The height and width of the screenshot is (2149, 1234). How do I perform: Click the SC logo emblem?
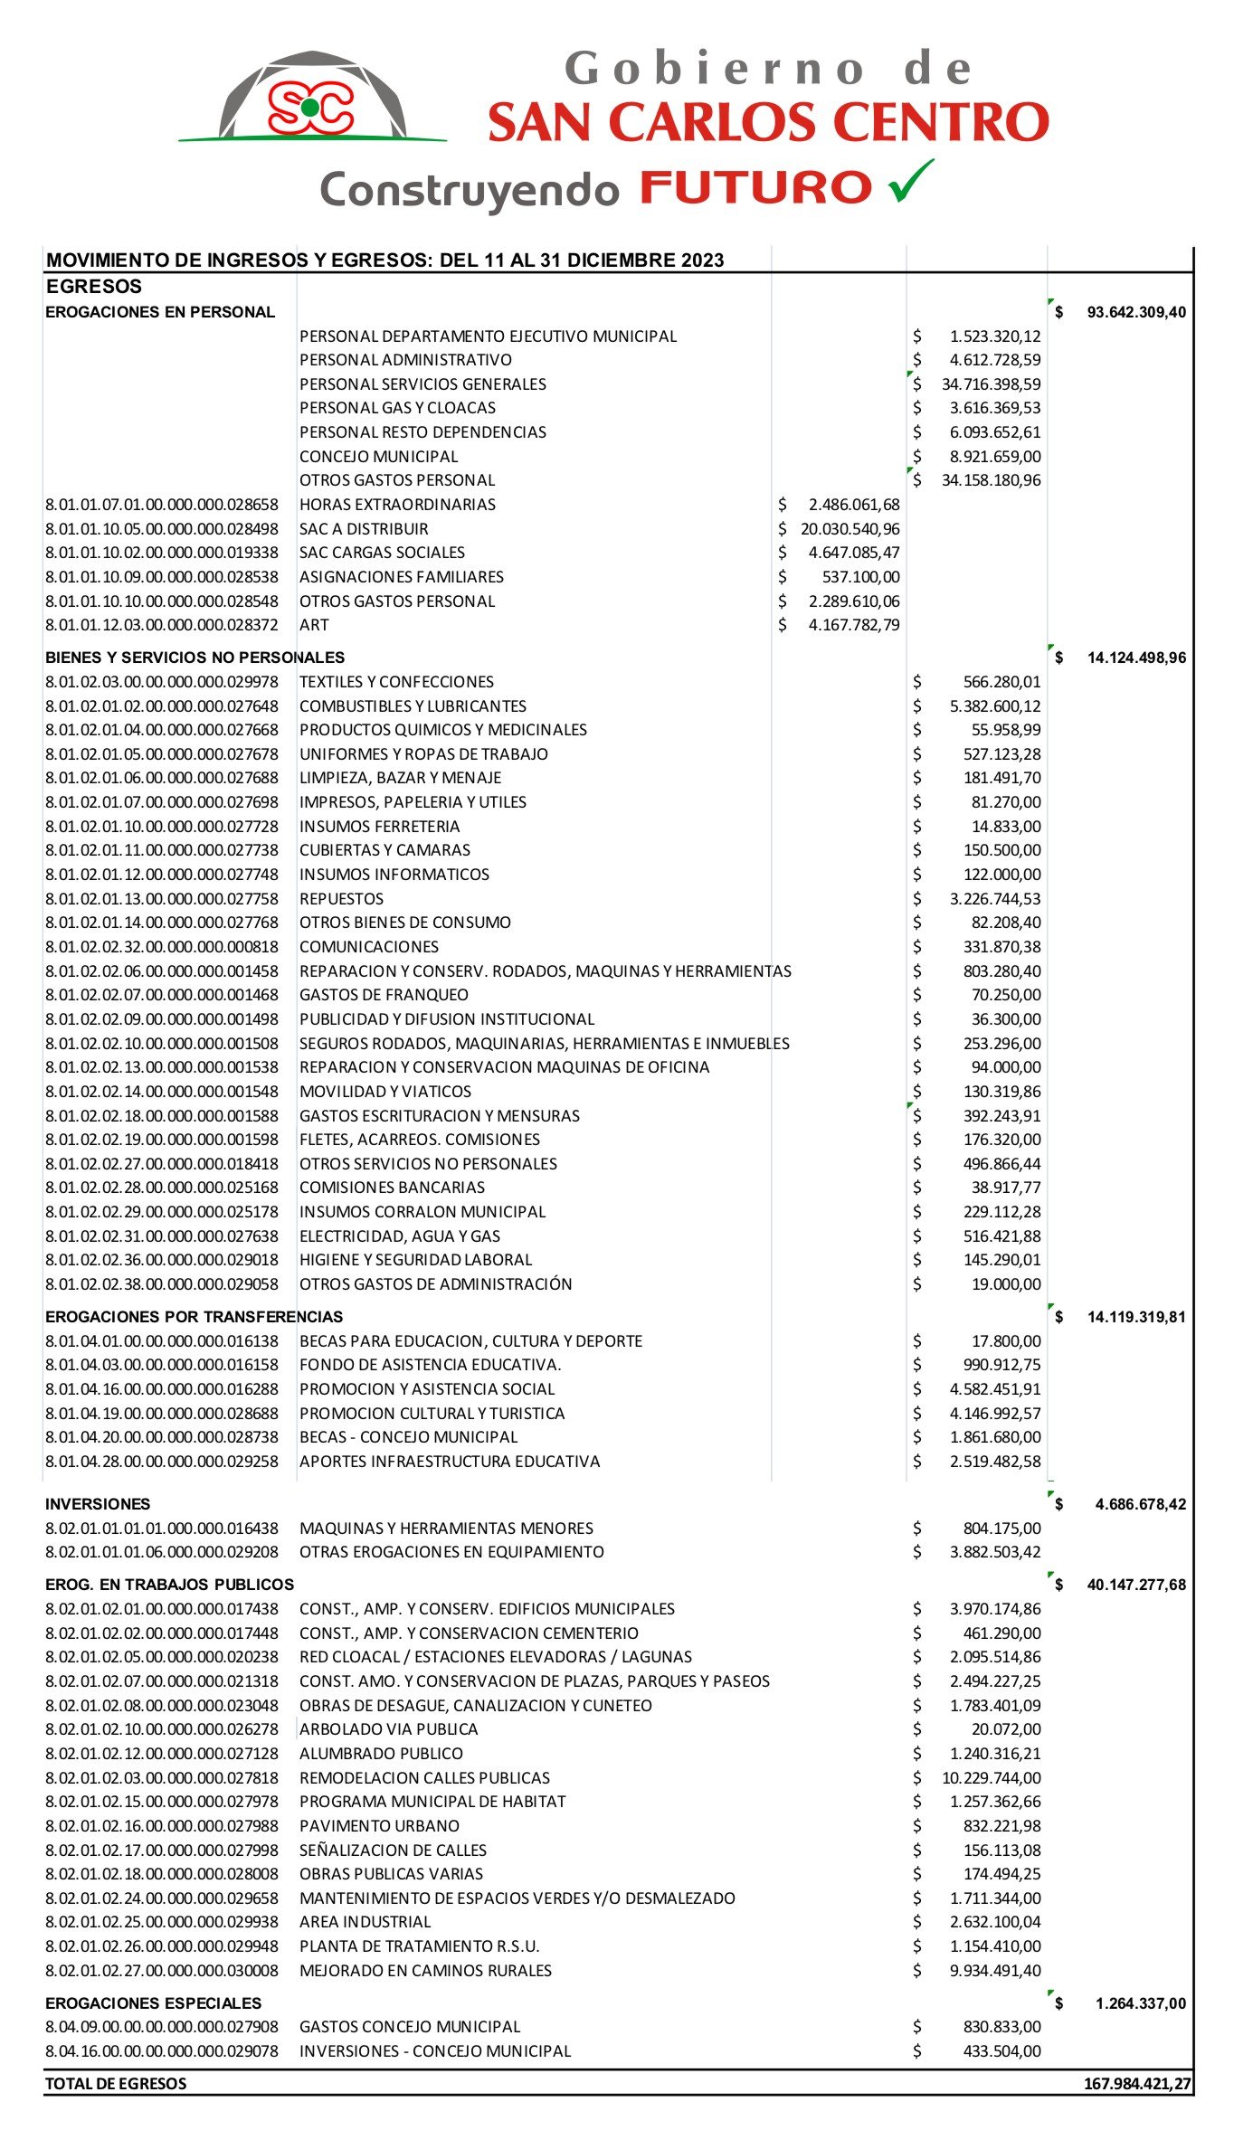pyautogui.click(x=310, y=107)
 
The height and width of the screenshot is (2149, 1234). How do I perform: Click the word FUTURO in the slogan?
pyautogui.click(x=755, y=187)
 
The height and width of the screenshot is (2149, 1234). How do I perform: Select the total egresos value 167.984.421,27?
pyautogui.click(x=1137, y=2084)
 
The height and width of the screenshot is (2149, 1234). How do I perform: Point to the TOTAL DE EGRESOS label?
pyautogui.click(x=116, y=2084)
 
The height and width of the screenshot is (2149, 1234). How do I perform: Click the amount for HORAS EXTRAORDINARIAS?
pyautogui.click(x=854, y=505)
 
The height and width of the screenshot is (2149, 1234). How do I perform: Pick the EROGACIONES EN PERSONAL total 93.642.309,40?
pyautogui.click(x=1135, y=312)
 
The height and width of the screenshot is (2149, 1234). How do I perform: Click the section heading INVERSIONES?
pyautogui.click(x=98, y=1504)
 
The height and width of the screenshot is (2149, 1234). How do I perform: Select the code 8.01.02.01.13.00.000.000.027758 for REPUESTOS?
pyautogui.click(x=162, y=899)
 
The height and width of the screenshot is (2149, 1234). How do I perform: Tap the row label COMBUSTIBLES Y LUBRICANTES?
pyautogui.click(x=413, y=706)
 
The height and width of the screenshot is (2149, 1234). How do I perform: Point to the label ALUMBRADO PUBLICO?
pyautogui.click(x=381, y=1754)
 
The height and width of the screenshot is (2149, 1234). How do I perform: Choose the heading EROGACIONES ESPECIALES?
pyautogui.click(x=153, y=2003)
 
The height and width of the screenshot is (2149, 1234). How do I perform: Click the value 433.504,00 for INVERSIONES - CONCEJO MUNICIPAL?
pyautogui.click(x=1001, y=2051)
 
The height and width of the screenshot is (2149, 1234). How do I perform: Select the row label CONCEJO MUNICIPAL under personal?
pyautogui.click(x=378, y=457)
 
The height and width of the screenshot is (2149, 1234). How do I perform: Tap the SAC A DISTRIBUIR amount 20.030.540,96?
pyautogui.click(x=850, y=529)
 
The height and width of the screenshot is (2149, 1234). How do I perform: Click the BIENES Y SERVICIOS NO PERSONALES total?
pyautogui.click(x=1135, y=658)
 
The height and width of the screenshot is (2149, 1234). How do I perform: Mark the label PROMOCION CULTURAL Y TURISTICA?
pyautogui.click(x=432, y=1414)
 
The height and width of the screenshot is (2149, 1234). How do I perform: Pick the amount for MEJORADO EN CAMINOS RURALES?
pyautogui.click(x=994, y=1971)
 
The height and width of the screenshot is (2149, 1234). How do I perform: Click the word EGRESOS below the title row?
pyautogui.click(x=94, y=287)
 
